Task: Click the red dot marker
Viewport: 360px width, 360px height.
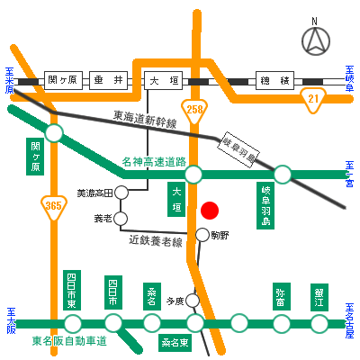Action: [x=209, y=211]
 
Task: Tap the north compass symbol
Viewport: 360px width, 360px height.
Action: [x=314, y=40]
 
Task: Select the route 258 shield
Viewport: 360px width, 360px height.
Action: [x=196, y=107]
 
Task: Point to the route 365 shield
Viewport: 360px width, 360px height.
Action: [x=53, y=209]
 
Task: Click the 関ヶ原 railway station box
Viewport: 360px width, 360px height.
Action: [x=64, y=80]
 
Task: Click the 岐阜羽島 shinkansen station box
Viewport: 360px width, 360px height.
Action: [x=239, y=148]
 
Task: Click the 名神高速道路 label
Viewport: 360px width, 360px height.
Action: [x=154, y=162]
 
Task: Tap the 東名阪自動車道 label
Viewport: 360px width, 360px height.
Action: [x=69, y=341]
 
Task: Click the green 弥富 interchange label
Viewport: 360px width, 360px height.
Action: [x=280, y=296]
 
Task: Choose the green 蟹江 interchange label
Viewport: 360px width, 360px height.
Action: [x=319, y=296]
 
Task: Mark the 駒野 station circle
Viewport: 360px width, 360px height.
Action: [x=202, y=236]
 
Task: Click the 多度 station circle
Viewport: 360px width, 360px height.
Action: [x=192, y=301]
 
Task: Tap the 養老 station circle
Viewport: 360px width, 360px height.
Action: [x=121, y=218]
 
